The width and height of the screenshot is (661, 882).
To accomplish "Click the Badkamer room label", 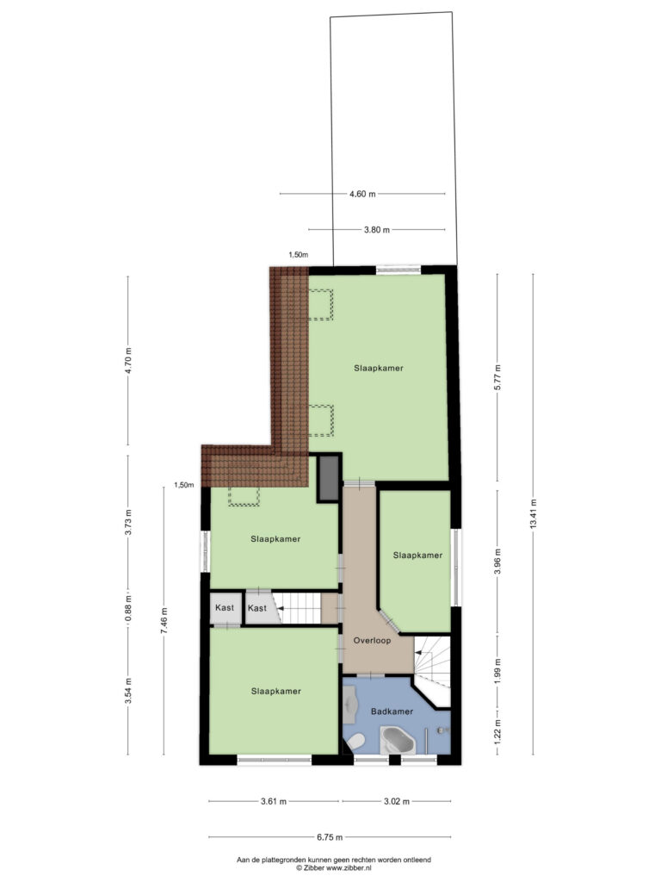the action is click(x=392, y=711).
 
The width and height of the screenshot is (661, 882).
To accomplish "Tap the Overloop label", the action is click(x=372, y=640).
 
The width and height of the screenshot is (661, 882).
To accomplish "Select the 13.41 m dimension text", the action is click(x=533, y=513).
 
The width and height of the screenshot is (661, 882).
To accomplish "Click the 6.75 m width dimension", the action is click(x=330, y=837).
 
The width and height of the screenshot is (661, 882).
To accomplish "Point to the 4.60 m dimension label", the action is click(x=362, y=194).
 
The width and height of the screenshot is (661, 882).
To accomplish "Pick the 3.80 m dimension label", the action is click(x=377, y=229).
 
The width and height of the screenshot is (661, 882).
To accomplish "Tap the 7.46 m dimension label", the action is click(x=164, y=620).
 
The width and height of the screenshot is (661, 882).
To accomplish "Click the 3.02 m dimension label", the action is click(x=397, y=801).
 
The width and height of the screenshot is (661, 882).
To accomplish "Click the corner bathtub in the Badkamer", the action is click(x=398, y=740).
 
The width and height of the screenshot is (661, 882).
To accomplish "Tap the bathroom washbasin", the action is click(x=352, y=707).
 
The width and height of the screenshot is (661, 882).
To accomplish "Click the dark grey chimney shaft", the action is click(x=329, y=478).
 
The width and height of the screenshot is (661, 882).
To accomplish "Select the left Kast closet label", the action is click(x=225, y=607).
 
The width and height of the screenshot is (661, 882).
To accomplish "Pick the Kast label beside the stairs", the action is click(x=256, y=608).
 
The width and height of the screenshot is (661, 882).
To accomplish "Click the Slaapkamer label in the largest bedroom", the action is click(x=379, y=368).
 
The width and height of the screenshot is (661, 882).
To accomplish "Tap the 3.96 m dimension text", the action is click(x=497, y=561).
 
